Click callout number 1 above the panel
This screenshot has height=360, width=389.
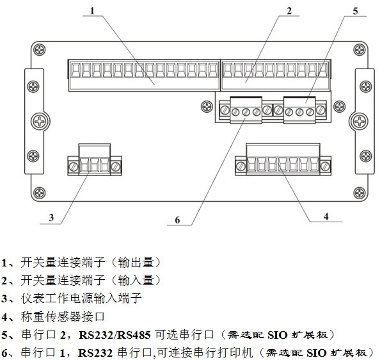point(92,11)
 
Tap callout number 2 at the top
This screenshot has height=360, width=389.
point(289,11)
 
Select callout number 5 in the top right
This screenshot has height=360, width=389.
point(355,11)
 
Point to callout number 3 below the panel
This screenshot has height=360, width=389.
point(51,218)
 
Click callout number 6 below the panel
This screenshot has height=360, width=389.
point(177,220)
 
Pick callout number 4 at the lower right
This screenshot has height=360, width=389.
point(326,217)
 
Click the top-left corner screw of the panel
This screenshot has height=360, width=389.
point(40,50)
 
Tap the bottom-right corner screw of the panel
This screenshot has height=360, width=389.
point(359,193)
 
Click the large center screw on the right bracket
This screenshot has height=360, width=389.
point(359,122)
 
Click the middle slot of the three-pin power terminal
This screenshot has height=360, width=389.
point(94,165)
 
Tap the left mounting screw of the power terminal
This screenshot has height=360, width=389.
point(73,166)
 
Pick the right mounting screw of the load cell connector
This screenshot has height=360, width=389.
point(325,165)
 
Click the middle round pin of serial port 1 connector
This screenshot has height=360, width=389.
point(246,112)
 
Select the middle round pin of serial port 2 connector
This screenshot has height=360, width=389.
point(299,112)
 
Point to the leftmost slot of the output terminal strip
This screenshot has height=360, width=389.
point(75,70)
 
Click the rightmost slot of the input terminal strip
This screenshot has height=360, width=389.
point(323,70)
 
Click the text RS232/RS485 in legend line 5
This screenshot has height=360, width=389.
point(115,335)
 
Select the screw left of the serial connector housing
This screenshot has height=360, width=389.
point(207,106)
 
